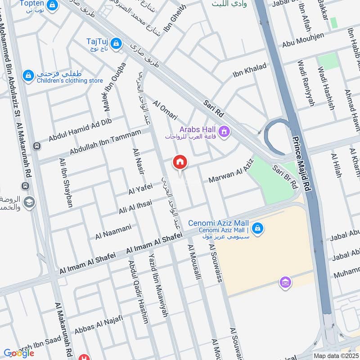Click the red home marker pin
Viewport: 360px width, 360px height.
tap(180, 162)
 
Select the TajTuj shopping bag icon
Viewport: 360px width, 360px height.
tap(116, 43)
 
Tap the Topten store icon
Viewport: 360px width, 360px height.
tap(53, 5)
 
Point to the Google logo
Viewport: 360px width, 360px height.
tap(19, 353)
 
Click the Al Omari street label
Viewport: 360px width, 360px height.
tap(165, 110)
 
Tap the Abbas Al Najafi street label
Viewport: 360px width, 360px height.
tap(94, 328)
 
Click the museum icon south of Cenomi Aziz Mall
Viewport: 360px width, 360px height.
tap(284, 283)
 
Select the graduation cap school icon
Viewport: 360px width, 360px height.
tap(29, 202)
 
